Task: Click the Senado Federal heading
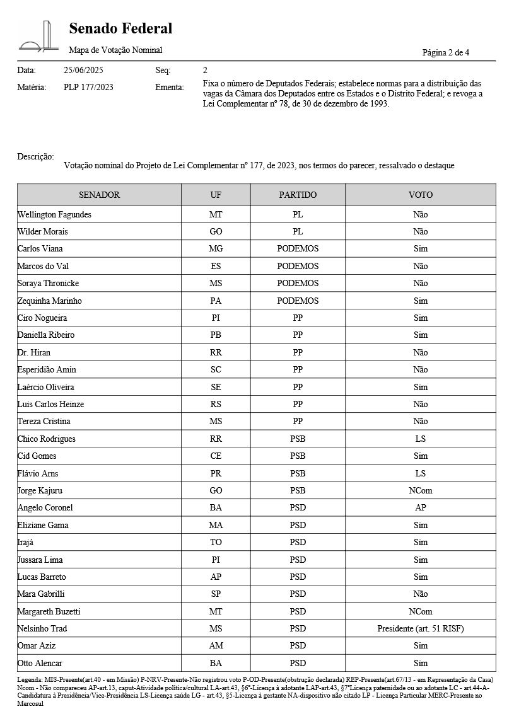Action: (x=120, y=28)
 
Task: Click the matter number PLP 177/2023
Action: (x=88, y=87)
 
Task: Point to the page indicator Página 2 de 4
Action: (x=445, y=52)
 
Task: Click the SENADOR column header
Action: (x=99, y=195)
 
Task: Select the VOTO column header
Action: (x=420, y=195)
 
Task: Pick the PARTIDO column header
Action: (x=298, y=195)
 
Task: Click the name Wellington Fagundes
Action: (x=54, y=214)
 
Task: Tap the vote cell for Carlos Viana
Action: (x=420, y=249)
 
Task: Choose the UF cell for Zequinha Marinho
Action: (x=216, y=301)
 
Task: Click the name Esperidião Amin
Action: (x=47, y=369)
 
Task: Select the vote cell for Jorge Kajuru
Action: (x=420, y=490)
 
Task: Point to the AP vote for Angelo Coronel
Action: (x=420, y=507)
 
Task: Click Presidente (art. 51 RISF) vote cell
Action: (x=420, y=628)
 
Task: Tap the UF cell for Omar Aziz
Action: (x=216, y=645)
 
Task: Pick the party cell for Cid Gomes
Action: (x=298, y=456)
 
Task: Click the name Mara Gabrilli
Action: (x=41, y=594)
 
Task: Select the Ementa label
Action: (x=170, y=87)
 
